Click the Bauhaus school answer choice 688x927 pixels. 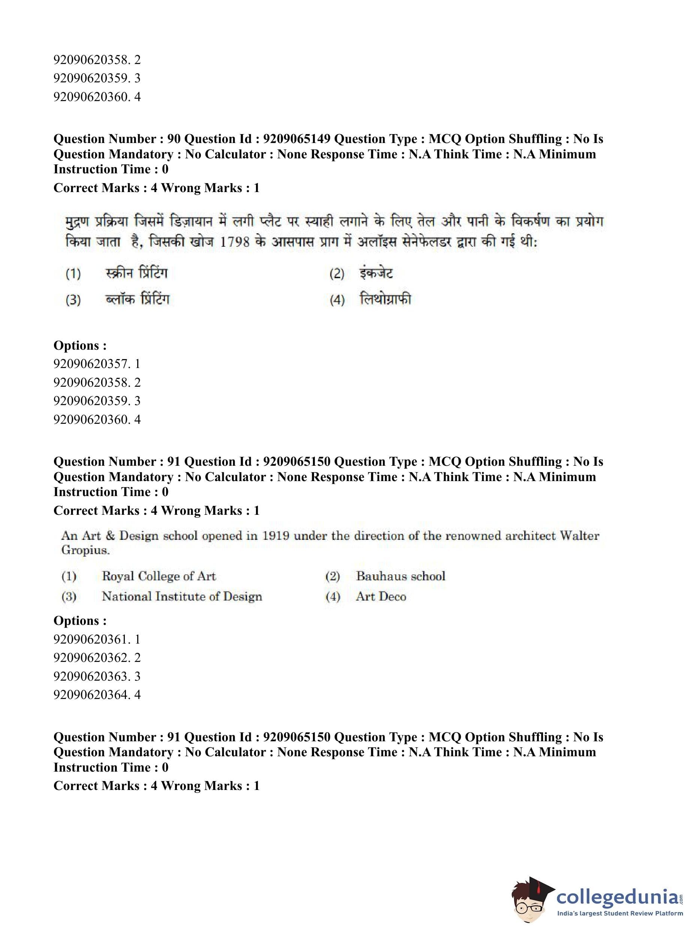[400, 576]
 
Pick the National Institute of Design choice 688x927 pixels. [182, 597]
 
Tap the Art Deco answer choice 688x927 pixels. [381, 597]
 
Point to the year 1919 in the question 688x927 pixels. [275, 535]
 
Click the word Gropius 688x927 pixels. [85, 550]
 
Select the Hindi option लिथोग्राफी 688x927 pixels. [385, 299]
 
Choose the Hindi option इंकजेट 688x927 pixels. [377, 273]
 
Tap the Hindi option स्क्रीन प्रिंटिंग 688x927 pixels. [137, 273]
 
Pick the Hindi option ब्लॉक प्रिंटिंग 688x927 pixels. [138, 299]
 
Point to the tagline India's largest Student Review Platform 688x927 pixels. [620, 914]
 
